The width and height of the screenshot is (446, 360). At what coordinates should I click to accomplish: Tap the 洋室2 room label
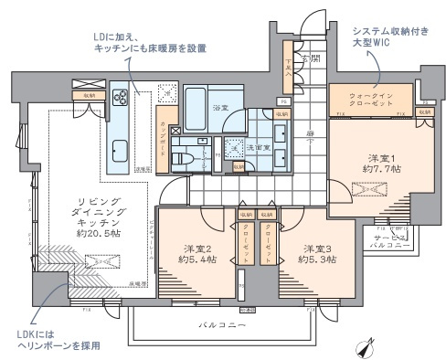[x=198, y=248]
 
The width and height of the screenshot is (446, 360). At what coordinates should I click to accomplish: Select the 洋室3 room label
[x=316, y=248]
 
